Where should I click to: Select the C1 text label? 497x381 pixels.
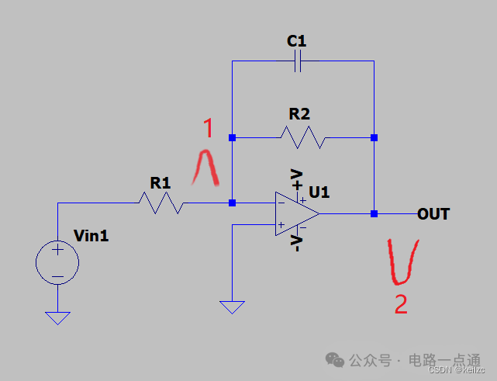coord(297,40)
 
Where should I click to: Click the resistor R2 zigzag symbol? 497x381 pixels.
coord(302,138)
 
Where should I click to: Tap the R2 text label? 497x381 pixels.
coord(299,114)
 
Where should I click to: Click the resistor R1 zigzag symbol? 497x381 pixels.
coord(160,203)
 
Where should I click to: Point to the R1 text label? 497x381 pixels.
coord(160,183)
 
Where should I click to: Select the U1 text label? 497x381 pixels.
coord(319,191)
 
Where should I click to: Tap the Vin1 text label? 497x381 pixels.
coord(91,235)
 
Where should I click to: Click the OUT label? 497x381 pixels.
coord(433,213)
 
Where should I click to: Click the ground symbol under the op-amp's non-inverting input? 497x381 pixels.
coord(232,307)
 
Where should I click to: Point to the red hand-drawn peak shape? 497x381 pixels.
coord(206,168)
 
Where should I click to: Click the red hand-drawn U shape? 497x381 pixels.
coord(402,262)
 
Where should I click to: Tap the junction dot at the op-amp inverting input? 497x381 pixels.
coord(232,203)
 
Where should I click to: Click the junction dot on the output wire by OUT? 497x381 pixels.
coord(374,213)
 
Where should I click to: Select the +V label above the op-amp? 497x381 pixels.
coord(296,178)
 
